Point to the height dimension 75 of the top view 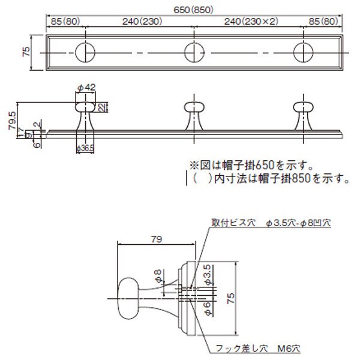click(26, 53)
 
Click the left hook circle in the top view click(85, 52)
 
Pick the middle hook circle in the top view click(193, 52)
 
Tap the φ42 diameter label click(86, 88)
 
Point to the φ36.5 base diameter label click(85, 148)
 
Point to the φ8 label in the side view click(157, 276)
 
